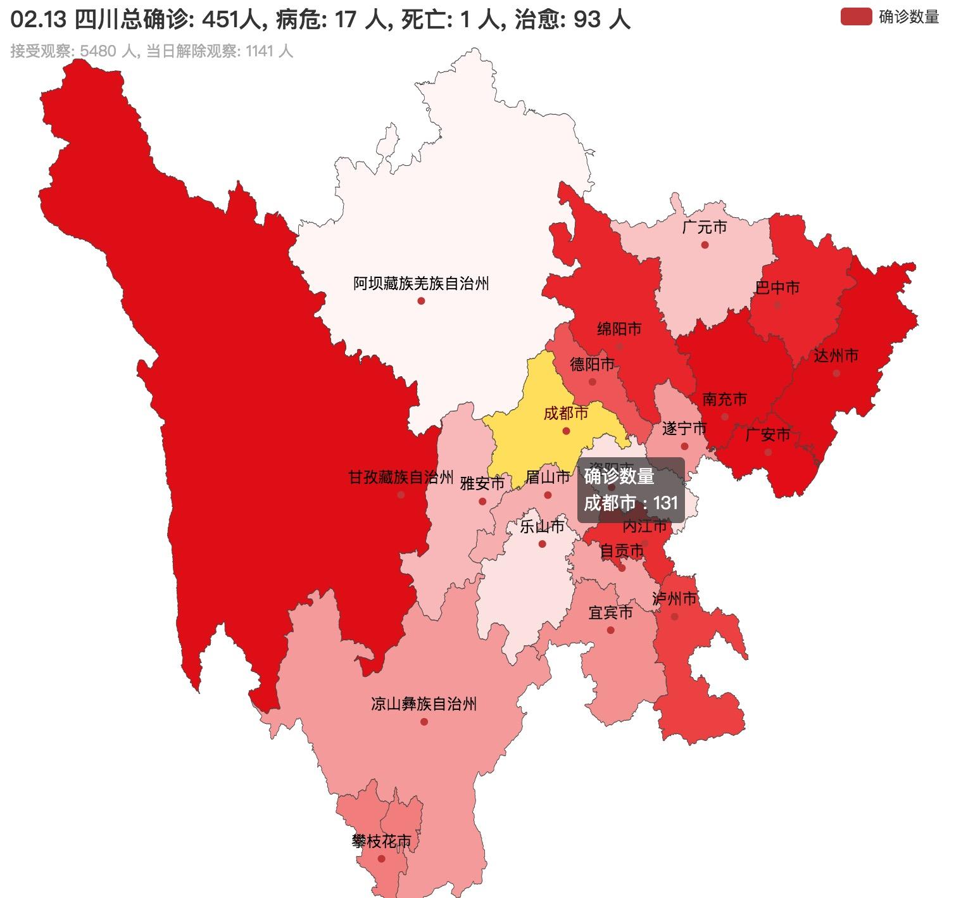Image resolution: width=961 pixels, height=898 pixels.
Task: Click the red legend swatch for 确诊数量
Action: [x=856, y=17]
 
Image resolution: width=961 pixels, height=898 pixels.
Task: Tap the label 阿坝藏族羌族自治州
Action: [x=421, y=283]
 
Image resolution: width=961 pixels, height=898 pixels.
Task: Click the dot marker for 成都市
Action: [x=566, y=431]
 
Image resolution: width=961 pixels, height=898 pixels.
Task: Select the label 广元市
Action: [x=704, y=227]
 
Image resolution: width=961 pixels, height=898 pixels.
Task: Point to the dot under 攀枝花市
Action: [x=381, y=859]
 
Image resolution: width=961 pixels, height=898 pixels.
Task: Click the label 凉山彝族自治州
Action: [x=424, y=704]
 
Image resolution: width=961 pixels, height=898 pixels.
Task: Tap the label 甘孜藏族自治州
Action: [x=401, y=477]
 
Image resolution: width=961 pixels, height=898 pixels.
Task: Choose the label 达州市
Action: [x=836, y=355]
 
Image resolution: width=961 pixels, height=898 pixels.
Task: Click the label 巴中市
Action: [x=777, y=288]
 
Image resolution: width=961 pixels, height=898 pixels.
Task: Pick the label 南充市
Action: [x=724, y=399]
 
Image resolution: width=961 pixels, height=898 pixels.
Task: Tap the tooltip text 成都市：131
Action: [x=631, y=503]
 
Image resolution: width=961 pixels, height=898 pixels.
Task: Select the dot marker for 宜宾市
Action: [x=610, y=630]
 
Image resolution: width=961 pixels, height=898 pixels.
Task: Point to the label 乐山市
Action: [x=541, y=526]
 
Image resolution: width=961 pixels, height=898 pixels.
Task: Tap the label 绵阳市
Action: [x=619, y=329]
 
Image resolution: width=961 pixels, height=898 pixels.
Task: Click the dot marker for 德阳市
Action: [x=593, y=382]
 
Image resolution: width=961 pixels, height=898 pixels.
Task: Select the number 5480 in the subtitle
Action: [x=98, y=51]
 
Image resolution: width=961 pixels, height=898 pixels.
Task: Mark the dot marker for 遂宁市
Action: [x=684, y=446]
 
